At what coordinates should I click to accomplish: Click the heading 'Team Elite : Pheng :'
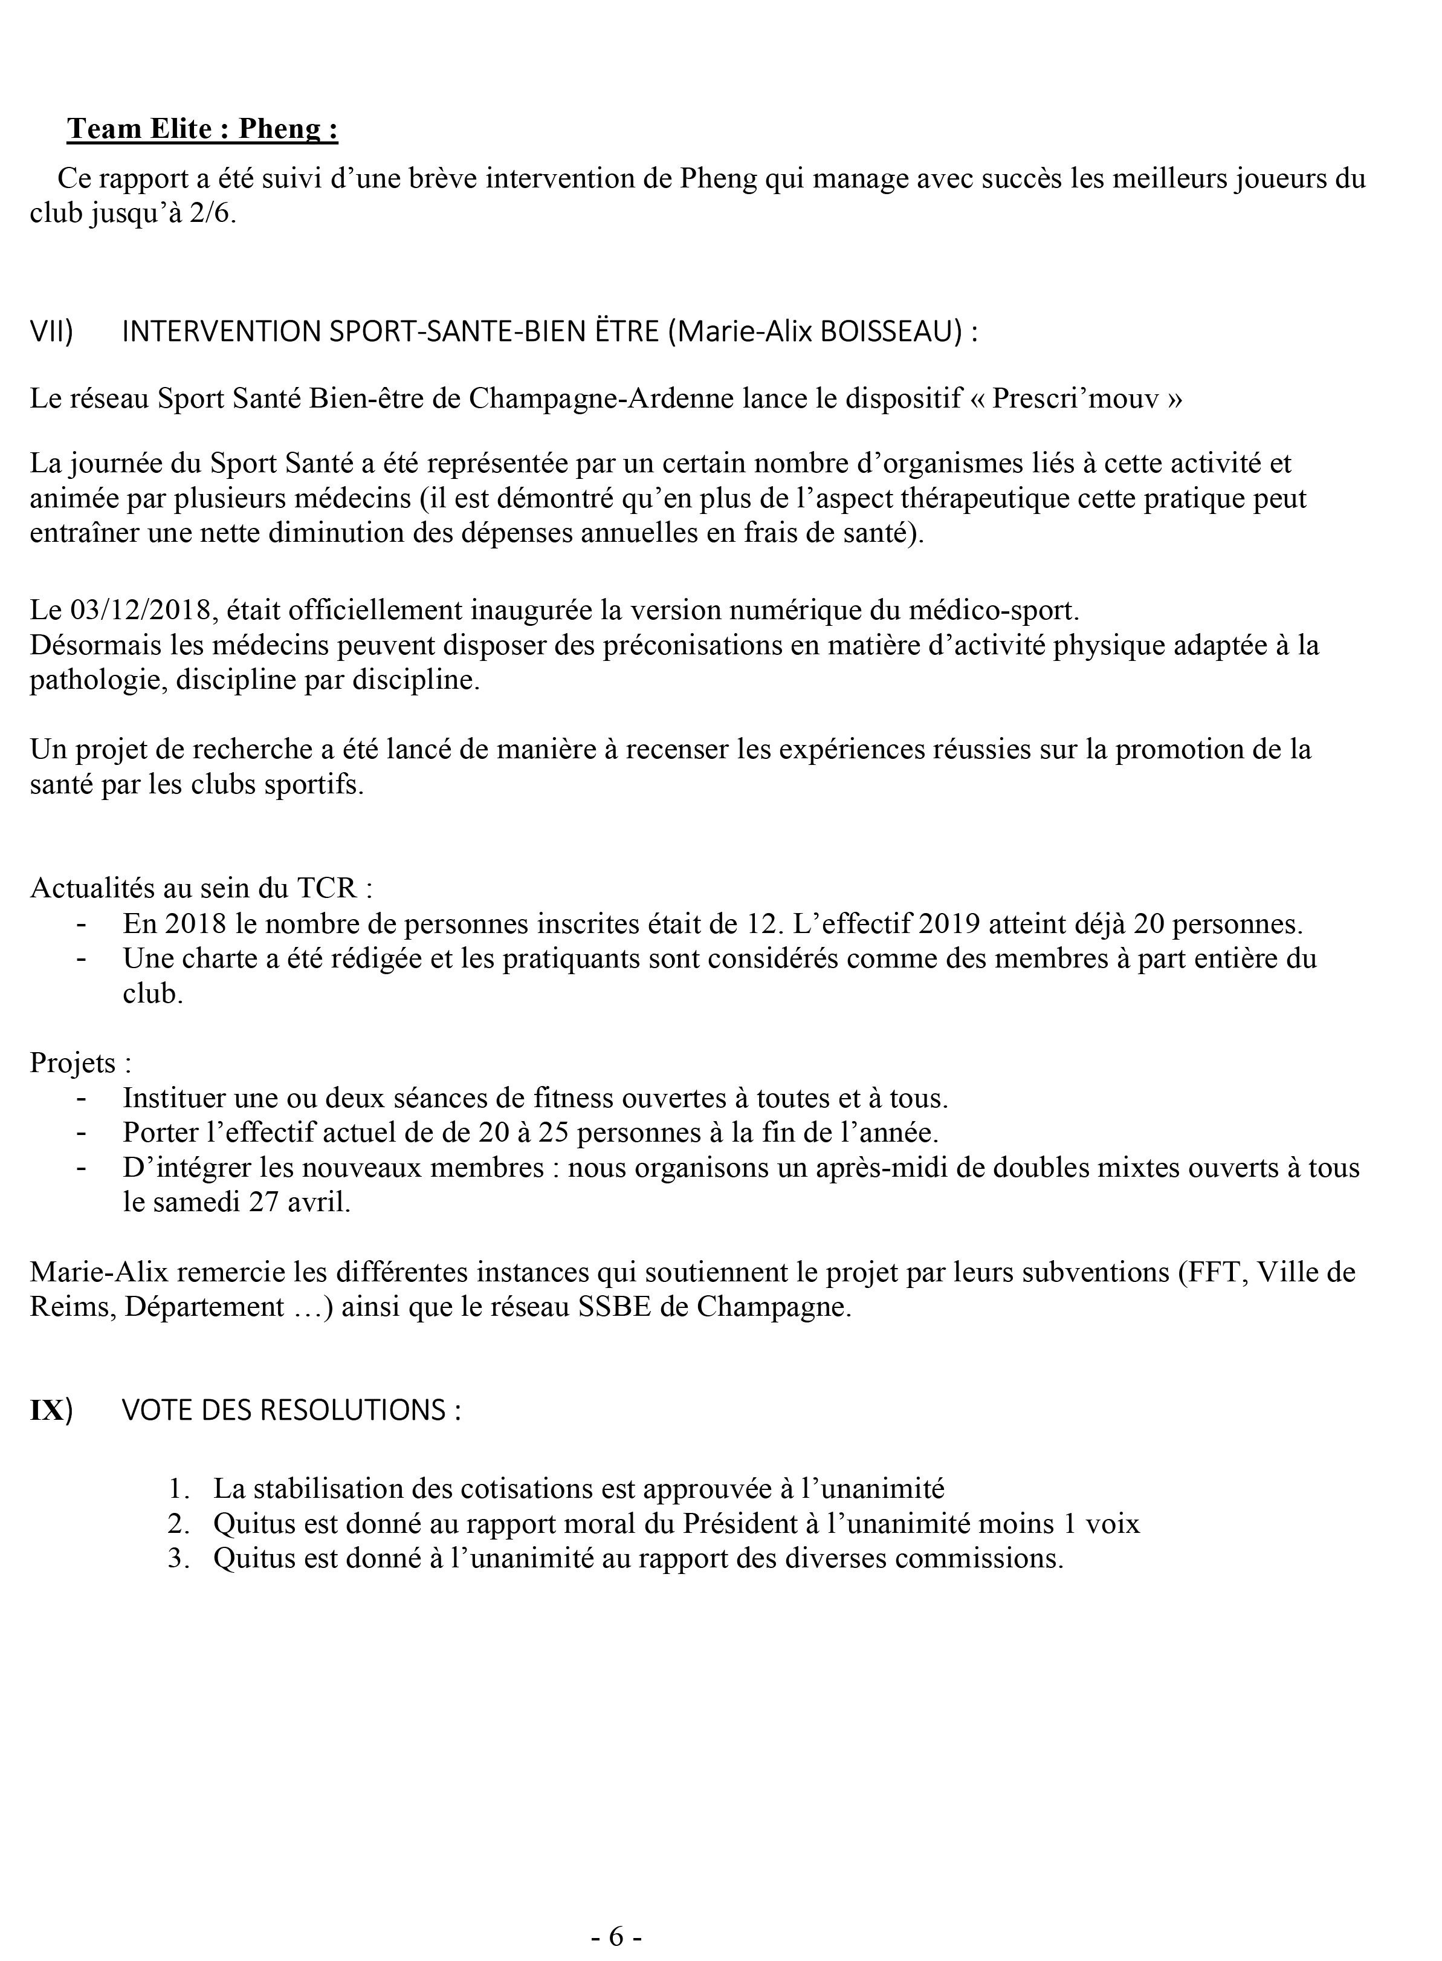[202, 129]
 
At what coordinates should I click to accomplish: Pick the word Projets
[73, 1064]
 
